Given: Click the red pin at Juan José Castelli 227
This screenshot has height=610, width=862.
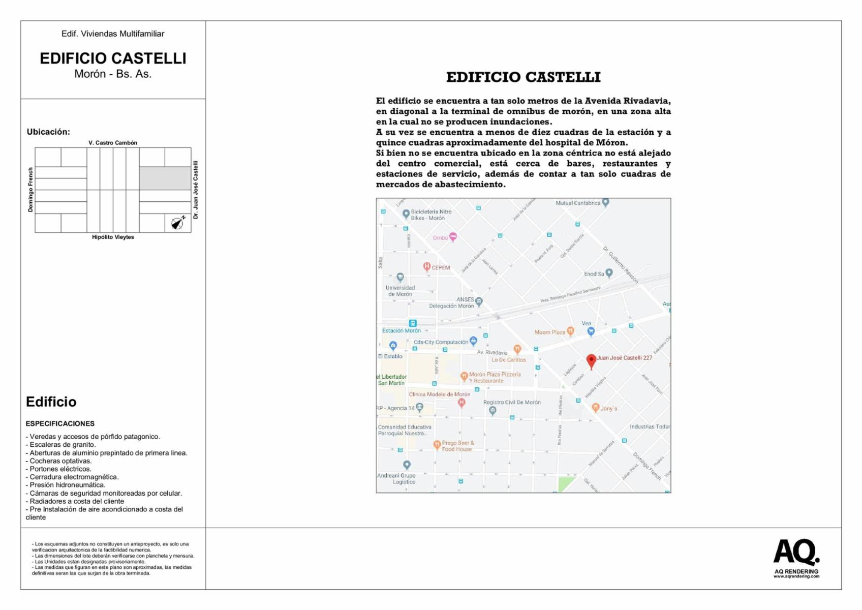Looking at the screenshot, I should click(x=591, y=360).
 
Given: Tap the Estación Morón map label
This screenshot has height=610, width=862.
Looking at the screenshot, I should click(x=402, y=330).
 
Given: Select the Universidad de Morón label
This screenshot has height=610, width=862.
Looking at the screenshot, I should click(x=400, y=291).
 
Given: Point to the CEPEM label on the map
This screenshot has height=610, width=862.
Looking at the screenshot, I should click(x=440, y=267).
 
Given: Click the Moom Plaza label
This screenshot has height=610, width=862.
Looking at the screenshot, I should click(x=549, y=332).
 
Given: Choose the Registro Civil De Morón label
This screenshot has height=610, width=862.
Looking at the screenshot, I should click(x=512, y=402).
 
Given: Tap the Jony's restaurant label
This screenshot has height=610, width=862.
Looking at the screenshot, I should click(x=608, y=408).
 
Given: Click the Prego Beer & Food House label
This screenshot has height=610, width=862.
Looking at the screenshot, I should click(x=457, y=446).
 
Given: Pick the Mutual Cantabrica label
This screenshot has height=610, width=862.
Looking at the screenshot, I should click(x=578, y=203).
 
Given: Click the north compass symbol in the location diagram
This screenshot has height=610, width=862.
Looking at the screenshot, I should click(x=177, y=223).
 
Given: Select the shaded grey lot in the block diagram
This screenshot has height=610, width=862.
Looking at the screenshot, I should click(x=165, y=178).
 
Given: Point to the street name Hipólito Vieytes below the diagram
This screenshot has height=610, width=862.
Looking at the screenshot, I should click(x=113, y=237).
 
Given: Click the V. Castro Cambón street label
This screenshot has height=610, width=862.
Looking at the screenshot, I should click(x=113, y=143).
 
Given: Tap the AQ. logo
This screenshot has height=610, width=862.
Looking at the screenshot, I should click(x=796, y=553).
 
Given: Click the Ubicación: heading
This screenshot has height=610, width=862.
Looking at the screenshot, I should click(x=48, y=132).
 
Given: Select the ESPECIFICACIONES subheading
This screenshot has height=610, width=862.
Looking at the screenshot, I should click(x=60, y=423).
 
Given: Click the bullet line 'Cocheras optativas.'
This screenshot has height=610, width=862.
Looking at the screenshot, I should click(x=60, y=461).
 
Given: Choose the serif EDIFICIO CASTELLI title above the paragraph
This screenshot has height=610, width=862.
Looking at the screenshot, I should click(x=523, y=77).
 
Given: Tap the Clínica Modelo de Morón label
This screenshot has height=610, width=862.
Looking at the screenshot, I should click(x=440, y=394).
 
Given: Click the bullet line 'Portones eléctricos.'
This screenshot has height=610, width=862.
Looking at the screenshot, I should click(x=60, y=469).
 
